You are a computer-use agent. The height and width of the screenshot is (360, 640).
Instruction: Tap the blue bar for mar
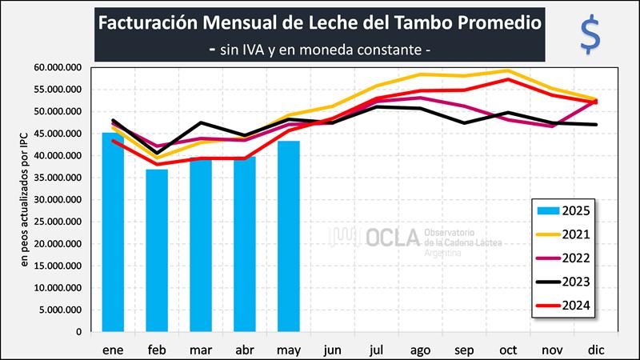point(201,245)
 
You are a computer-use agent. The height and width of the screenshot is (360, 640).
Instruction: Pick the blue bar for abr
point(245,244)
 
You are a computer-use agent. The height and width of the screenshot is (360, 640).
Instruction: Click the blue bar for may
point(288,236)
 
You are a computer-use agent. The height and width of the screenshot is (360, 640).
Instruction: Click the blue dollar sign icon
point(590,35)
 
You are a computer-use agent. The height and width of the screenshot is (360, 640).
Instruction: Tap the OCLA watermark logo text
point(392,237)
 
